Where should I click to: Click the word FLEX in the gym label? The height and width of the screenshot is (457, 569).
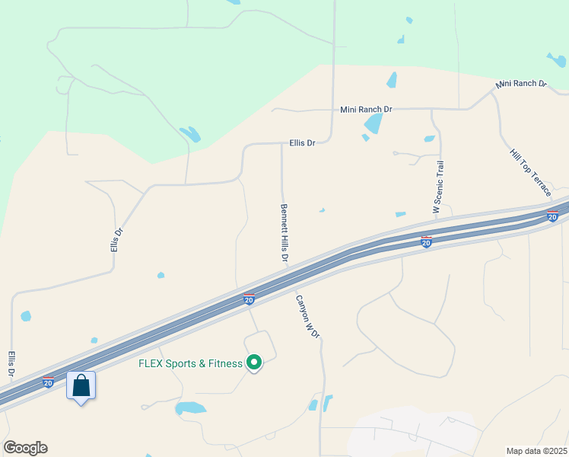point(151,363)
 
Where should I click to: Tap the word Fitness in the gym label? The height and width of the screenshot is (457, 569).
point(224,363)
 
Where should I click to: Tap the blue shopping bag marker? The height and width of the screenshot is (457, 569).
point(81,386)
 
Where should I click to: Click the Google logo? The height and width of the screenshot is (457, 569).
point(25,448)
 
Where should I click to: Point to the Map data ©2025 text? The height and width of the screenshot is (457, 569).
point(536,450)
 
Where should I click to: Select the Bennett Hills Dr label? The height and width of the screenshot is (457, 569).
point(284,233)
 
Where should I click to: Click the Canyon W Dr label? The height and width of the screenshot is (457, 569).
point(307,317)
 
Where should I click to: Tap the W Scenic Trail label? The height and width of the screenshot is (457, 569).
point(437,187)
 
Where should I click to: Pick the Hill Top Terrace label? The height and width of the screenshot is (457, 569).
point(531,174)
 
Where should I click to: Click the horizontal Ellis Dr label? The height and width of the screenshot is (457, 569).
point(302,142)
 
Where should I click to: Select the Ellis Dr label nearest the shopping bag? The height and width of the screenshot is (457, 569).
point(11,364)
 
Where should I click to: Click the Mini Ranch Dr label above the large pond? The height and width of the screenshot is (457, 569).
point(365,110)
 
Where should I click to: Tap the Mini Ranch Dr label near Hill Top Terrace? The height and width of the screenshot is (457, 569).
point(521,83)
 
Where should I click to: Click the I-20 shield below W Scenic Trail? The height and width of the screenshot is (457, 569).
point(427,241)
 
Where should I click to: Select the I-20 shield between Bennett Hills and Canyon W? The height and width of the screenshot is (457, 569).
point(249,299)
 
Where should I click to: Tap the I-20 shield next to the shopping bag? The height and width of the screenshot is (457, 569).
point(48,382)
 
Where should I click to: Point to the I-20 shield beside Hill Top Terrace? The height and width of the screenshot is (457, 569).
point(553,216)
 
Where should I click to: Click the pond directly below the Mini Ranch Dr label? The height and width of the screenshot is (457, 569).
point(373,123)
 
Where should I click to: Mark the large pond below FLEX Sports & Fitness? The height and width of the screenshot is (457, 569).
point(190,408)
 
